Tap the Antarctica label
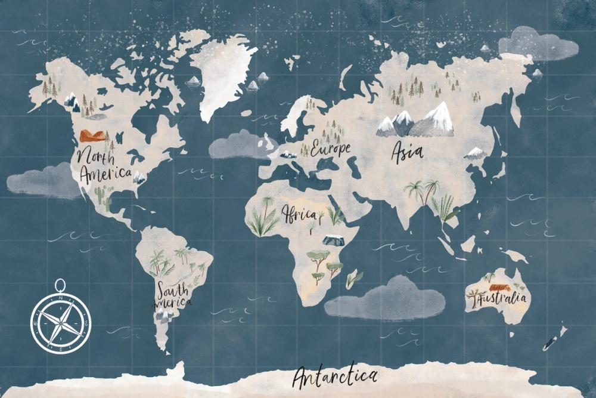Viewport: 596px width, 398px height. click(335, 377)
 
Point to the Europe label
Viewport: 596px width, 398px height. click(330, 149)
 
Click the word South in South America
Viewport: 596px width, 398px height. click(173, 291)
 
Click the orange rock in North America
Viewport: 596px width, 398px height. click(92, 135)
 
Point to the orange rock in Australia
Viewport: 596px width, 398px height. click(496, 286)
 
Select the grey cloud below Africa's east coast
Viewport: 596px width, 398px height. click(386, 298)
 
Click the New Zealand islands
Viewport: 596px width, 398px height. click(555, 338)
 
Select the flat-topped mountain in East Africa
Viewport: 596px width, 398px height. click(333, 240)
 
